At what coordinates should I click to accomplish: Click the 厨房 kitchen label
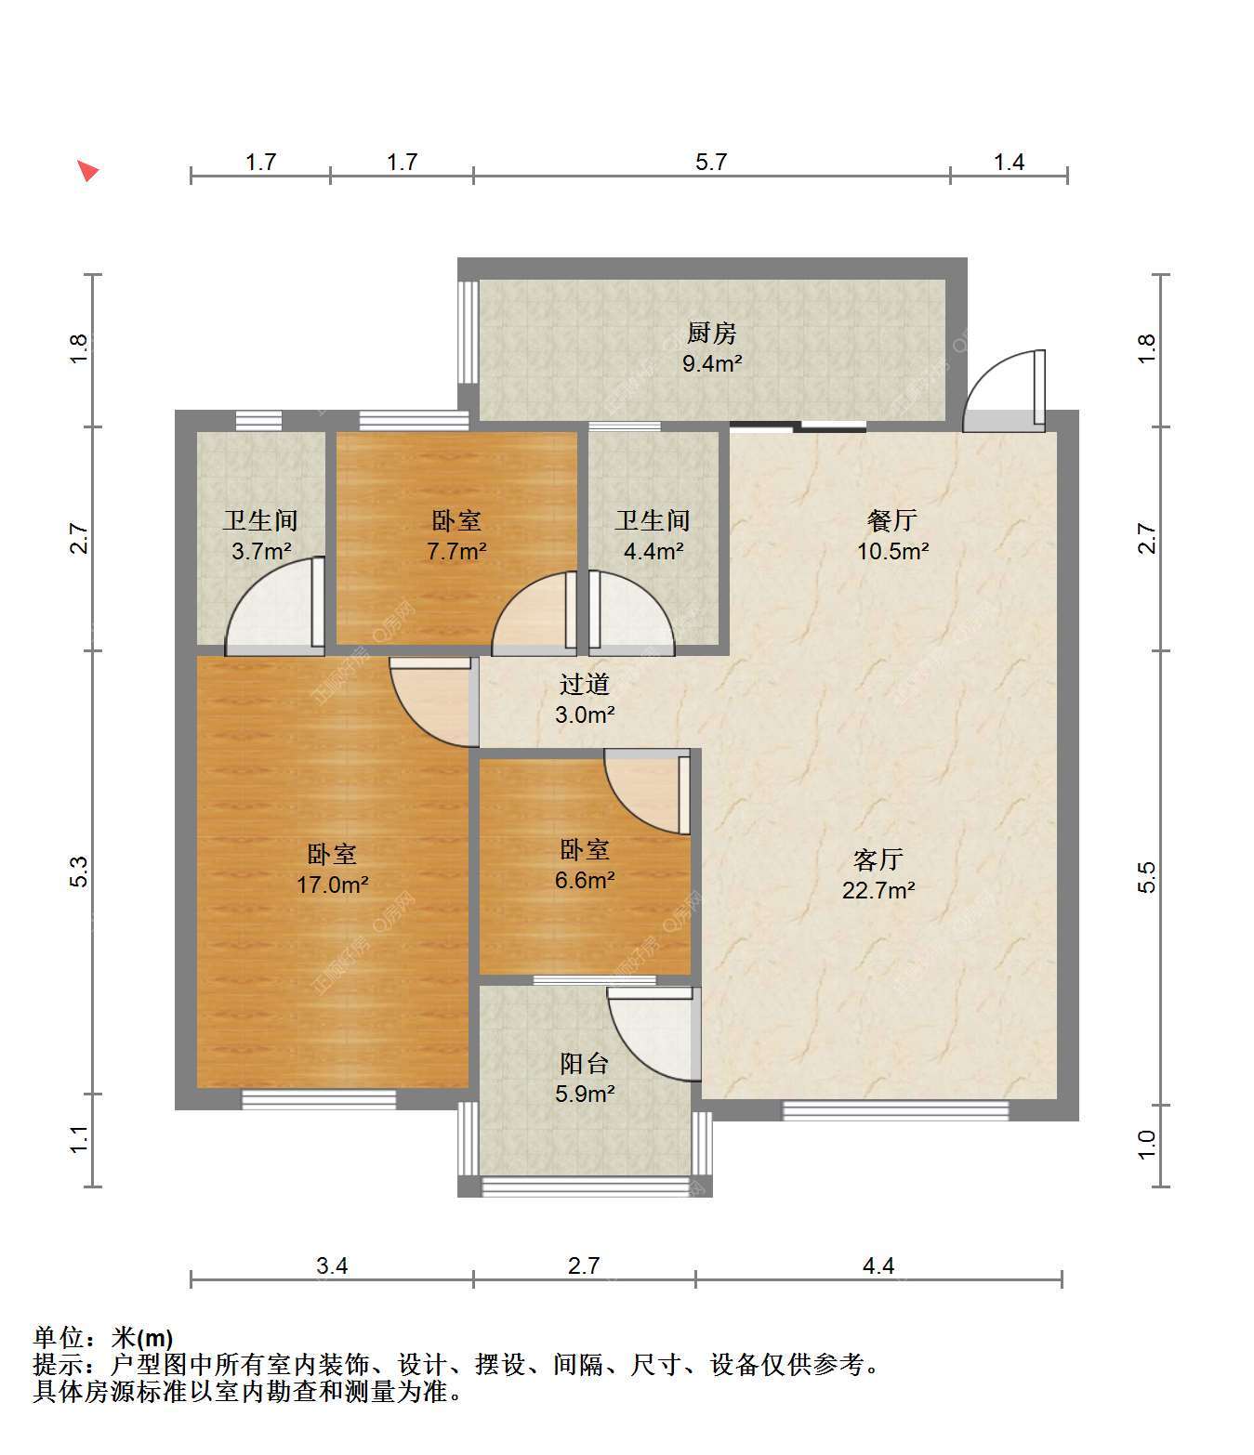click(x=711, y=333)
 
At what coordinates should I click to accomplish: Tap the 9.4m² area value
click(x=711, y=364)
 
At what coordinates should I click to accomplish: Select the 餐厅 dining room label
click(x=892, y=521)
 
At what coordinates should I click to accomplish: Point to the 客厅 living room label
click(x=878, y=859)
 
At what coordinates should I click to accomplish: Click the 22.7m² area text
click(x=878, y=890)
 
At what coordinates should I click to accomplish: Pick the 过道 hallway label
click(x=584, y=684)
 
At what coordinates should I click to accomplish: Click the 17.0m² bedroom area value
click(x=333, y=885)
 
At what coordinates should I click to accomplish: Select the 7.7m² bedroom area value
click(x=456, y=551)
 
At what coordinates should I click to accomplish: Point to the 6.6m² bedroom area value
click(x=585, y=881)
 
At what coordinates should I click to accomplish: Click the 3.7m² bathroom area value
click(x=261, y=551)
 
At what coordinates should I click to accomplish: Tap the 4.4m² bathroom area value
click(x=653, y=551)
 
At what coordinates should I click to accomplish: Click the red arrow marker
click(x=87, y=170)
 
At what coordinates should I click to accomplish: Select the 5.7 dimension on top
click(x=710, y=163)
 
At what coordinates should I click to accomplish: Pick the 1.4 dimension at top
click(x=1009, y=163)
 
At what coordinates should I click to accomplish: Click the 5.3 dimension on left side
click(x=79, y=872)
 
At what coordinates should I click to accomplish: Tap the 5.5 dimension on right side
click(x=1146, y=877)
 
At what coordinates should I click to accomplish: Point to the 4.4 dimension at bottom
click(x=878, y=1266)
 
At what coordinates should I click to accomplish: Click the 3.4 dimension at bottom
click(x=332, y=1266)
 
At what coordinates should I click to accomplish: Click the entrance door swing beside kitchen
click(x=1003, y=390)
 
